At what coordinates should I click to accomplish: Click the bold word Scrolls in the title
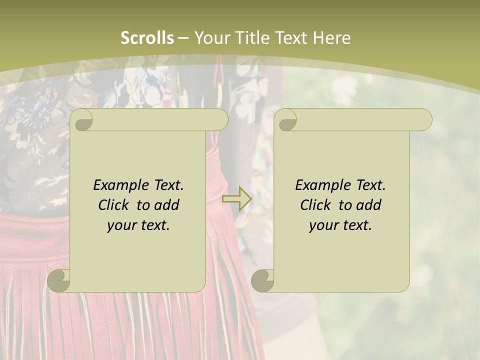coord(147,38)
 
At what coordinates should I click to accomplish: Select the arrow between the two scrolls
coord(237,198)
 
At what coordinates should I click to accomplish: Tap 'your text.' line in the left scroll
coord(138,225)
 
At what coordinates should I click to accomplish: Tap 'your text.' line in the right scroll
coord(340,225)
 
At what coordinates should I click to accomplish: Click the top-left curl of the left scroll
coord(82,120)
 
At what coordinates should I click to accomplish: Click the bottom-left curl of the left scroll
coord(59,280)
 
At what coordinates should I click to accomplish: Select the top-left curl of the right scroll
coord(286,120)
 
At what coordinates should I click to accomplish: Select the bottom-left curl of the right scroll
coord(262,280)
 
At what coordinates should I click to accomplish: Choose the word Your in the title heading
coord(212,38)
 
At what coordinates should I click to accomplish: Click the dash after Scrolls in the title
coord(183,38)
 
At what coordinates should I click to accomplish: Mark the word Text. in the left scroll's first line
coord(167,185)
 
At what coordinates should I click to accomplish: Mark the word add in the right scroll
coord(368,205)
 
